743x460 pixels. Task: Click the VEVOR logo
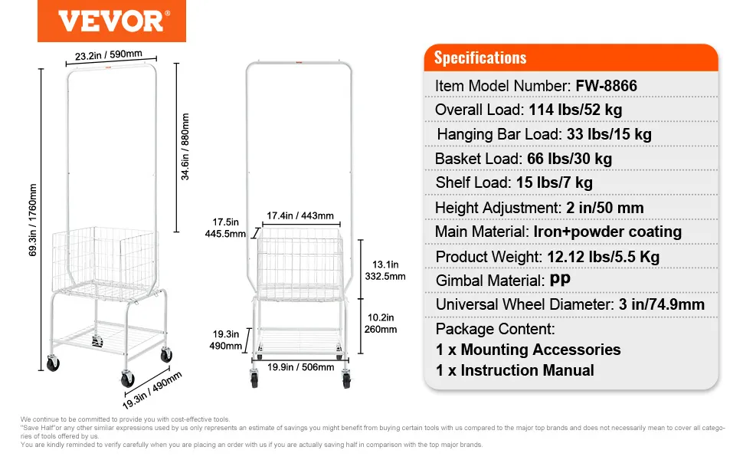pos(111,22)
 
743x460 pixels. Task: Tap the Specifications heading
pos(480,58)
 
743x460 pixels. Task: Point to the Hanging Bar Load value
pos(609,134)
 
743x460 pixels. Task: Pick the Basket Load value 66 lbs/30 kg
pos(570,159)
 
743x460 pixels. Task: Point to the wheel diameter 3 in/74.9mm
pos(660,304)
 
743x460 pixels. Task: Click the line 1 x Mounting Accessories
pos(529,350)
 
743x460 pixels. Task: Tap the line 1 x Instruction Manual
pos(515,370)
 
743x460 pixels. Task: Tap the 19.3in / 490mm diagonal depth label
pos(152,390)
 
